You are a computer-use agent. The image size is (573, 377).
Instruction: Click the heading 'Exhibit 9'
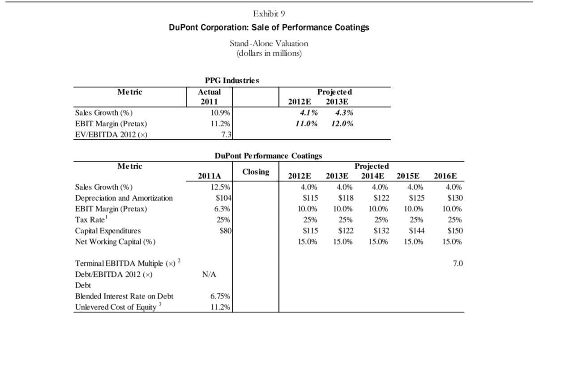pos(269,13)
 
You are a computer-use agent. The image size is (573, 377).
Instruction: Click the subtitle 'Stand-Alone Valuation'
pos(269,43)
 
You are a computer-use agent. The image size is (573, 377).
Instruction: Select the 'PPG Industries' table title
pos(231,81)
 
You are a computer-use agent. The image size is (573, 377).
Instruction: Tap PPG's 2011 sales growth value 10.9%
pos(220,113)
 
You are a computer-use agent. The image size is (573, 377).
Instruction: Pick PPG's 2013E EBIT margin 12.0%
pos(342,124)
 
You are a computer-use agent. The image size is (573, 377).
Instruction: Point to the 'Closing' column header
pos(256,172)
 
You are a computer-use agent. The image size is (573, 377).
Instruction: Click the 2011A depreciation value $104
pos(222,198)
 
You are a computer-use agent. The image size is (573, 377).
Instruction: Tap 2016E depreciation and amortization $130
pos(455,198)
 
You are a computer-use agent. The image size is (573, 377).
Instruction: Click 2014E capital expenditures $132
pos(381,231)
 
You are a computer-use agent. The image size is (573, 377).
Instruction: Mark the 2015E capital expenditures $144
pos(417,231)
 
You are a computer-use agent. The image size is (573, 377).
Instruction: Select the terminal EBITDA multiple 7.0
pos(458,264)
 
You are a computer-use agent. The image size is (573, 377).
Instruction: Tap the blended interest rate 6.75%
pos(220,296)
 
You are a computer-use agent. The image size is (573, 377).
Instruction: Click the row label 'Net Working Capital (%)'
pos(115,242)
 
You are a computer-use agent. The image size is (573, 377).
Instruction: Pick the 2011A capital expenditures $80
pos(224,231)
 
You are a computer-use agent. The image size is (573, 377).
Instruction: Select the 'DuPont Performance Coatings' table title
pos(268,156)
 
